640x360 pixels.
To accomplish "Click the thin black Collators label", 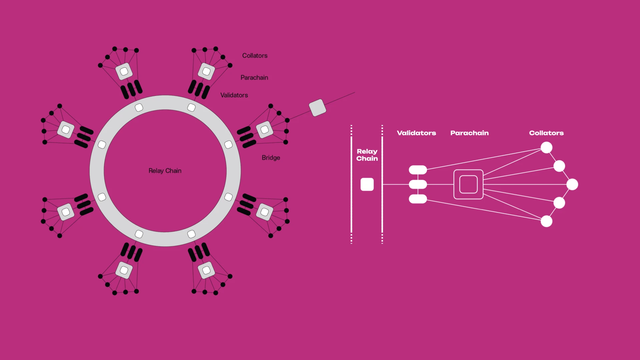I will [255, 56].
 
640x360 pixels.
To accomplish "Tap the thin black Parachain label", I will [254, 78].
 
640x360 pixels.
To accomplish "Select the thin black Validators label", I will [234, 95].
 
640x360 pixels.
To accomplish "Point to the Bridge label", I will [271, 158].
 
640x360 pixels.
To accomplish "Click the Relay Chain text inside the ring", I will [165, 171].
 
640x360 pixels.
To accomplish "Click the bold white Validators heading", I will [416, 133].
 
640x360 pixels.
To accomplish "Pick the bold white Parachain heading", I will [469, 133].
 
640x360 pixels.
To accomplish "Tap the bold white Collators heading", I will [546, 133].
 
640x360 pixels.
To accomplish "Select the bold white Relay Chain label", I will [367, 155].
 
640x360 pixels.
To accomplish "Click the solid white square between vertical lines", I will [367, 184].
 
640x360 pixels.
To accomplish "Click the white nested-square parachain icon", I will [468, 184].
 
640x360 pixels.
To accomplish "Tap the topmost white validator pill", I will [418, 170].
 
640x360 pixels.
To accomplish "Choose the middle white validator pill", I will [418, 184].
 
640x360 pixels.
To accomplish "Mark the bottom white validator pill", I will [418, 199].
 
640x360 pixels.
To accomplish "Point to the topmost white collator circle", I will [546, 147].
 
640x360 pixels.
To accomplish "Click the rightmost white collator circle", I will [572, 184].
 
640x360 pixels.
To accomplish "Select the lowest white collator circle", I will [546, 221].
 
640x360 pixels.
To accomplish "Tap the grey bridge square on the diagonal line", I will [317, 108].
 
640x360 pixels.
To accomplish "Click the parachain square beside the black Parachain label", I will [206, 71].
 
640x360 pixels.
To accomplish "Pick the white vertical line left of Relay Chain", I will [351, 184].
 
